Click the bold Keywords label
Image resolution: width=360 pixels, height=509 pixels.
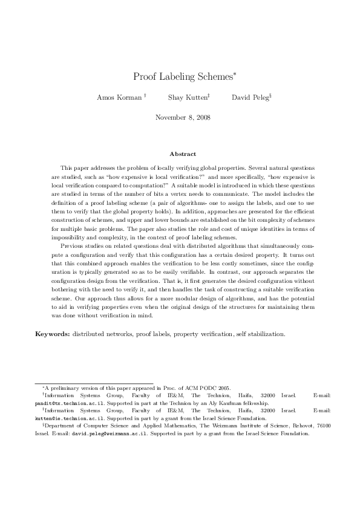click(x=52, y=334)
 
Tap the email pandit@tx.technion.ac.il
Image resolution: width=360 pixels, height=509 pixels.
click(x=61, y=402)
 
